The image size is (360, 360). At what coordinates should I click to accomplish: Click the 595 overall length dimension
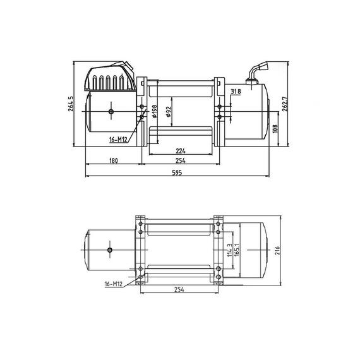pos(178,174)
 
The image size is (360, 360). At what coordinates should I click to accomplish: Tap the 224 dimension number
pos(181,152)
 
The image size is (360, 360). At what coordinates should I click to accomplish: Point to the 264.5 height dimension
pos(71,105)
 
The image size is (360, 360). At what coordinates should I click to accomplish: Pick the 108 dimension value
pos(274,129)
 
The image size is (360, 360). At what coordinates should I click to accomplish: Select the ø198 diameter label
pos(155,112)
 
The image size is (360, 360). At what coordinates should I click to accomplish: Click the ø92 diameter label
pos(169,111)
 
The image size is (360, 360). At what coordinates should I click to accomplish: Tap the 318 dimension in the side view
pos(236,92)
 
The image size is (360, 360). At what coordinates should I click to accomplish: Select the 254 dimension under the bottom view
pos(180,291)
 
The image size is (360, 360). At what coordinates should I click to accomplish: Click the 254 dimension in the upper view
pos(181,162)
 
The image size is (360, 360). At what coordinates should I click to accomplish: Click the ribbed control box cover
pos(109,79)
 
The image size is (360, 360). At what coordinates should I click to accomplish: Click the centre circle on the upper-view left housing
pos(111,112)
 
